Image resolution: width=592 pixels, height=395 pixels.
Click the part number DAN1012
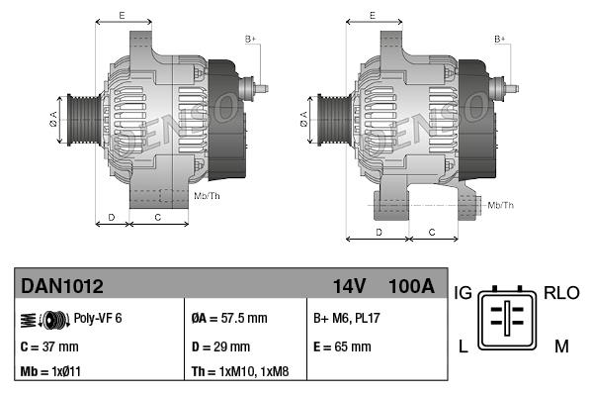pos(61,287)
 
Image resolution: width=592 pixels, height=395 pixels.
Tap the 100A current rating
pos(412,287)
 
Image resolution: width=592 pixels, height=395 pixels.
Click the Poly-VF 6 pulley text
pos(98,319)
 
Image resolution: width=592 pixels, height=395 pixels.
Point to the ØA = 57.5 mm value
pos(228,319)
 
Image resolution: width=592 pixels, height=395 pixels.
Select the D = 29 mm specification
pos(220,346)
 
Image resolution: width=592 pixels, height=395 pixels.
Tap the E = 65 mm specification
pos(342,346)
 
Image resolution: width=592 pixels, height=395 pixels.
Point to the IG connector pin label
pos(464,293)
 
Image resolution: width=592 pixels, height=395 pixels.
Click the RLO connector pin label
pos(560,293)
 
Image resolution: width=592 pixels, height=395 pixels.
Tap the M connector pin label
pos(560,346)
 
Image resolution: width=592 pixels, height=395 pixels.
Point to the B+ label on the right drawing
pos(499,39)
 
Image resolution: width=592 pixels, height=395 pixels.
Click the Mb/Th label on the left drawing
pos(207,196)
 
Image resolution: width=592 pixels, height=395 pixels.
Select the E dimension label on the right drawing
pos(372,15)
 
